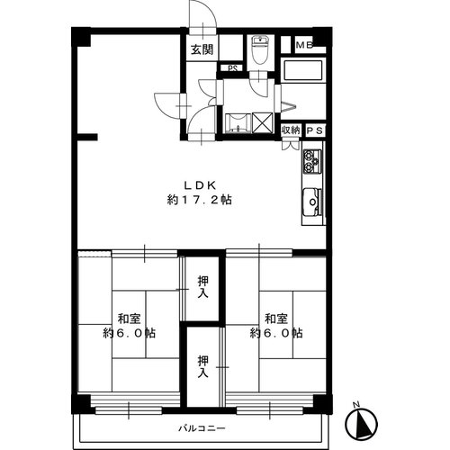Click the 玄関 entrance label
point(202,49)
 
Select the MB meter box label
point(304,45)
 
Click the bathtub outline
point(303,70)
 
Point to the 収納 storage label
point(291,130)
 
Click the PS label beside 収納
point(315,130)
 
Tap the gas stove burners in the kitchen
point(312,162)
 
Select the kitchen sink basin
point(312,202)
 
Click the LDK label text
point(200,185)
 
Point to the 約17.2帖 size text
point(200,200)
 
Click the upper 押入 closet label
point(203,287)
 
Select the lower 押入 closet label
point(203,366)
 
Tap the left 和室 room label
point(129,319)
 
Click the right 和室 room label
point(276,319)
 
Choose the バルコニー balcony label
point(202,427)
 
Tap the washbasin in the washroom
point(238,122)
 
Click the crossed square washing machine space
point(263,122)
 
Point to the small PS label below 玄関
point(232,68)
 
